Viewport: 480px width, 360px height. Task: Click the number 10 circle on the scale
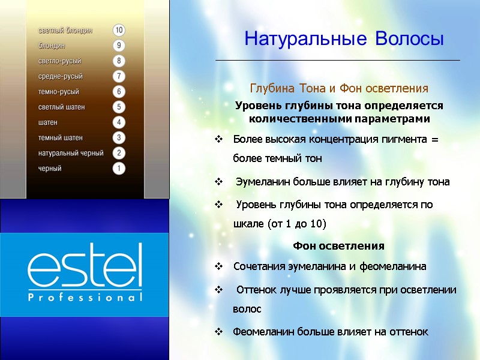119,30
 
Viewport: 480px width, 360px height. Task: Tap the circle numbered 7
119,76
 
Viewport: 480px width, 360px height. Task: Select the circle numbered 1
119,169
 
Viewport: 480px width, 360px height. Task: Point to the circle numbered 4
119,122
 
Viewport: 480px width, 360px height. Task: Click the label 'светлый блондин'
65,30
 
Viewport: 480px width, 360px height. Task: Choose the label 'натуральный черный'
71,153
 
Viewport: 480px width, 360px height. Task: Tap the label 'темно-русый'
59,92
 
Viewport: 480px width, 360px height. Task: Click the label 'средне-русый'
61,76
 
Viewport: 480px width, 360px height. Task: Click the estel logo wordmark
85,265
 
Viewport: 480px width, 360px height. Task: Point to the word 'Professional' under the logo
85,297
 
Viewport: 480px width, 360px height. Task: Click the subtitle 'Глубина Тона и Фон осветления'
339,89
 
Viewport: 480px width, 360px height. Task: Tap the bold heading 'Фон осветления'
339,246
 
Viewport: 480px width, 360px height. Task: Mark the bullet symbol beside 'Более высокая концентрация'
219,140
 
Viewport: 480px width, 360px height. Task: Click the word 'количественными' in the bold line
293,119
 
